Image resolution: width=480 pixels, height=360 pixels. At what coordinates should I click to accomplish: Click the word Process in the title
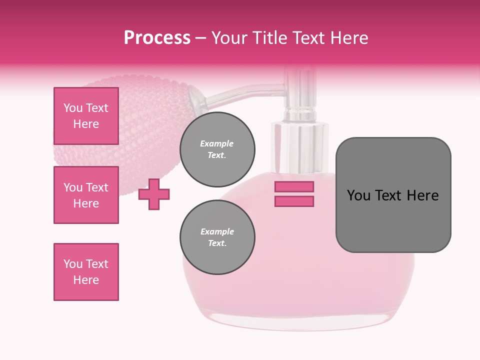coord(157,37)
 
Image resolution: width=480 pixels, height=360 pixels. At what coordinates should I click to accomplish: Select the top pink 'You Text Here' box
coord(86,116)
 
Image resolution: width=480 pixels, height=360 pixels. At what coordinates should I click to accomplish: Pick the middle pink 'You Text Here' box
coord(86,195)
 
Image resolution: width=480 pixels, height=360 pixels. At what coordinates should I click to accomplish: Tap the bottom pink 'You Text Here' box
coord(86,272)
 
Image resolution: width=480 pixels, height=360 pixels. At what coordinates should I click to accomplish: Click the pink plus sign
coord(154,194)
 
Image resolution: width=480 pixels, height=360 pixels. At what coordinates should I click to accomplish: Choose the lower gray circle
coord(217,237)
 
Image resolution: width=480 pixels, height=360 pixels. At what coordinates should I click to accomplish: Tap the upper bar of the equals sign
coord(294,186)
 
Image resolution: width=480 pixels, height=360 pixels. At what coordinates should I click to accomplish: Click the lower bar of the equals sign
coord(294,201)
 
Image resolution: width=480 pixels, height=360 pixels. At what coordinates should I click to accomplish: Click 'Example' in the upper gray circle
coord(217,143)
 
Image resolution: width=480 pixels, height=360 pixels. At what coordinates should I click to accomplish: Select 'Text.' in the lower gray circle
coord(217,243)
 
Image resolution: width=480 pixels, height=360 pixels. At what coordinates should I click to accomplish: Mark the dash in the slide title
coord(201,38)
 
